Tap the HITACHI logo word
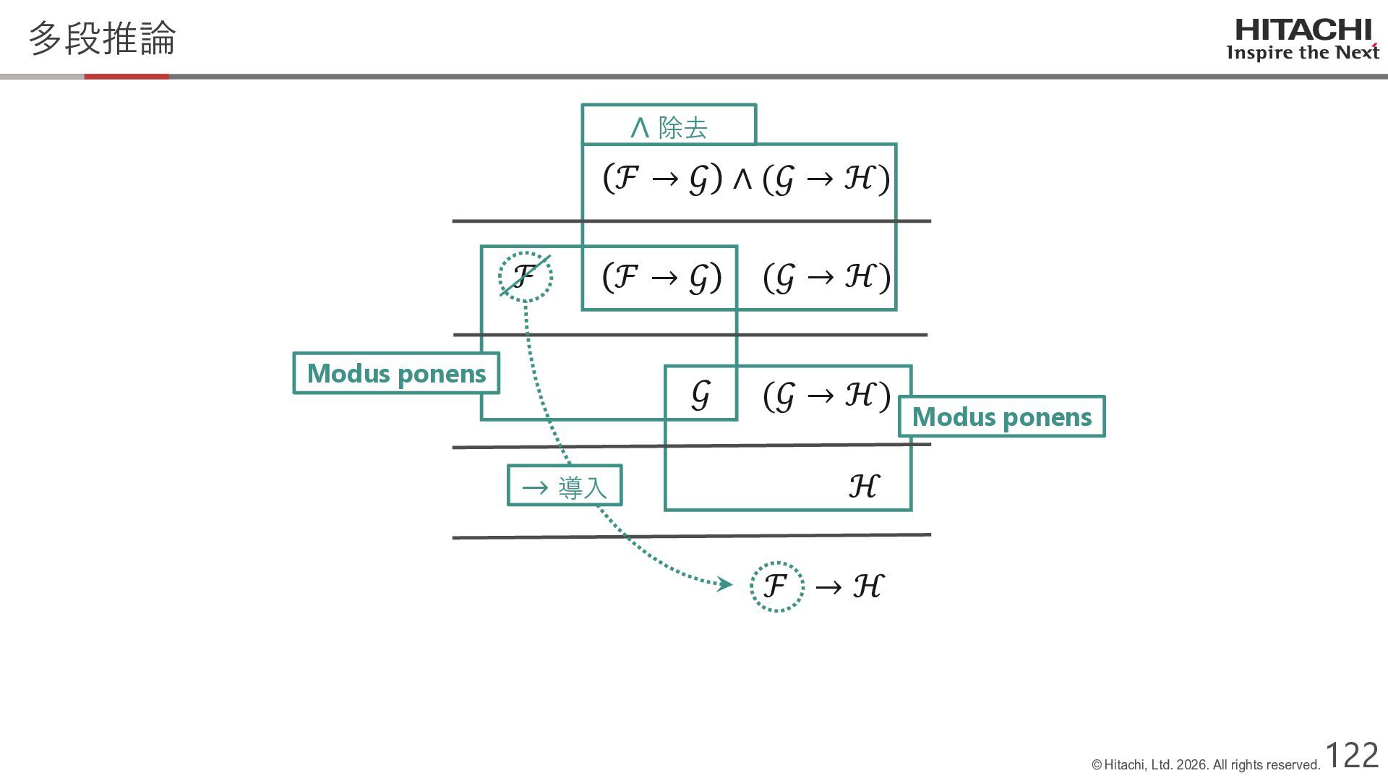(1303, 30)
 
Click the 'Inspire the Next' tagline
(1303, 53)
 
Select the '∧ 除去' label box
(669, 126)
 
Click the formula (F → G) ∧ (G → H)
(745, 178)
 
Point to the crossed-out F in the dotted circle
(526, 276)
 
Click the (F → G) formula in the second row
(661, 277)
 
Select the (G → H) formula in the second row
(826, 277)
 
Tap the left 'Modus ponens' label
(396, 373)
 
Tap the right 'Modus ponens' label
(1001, 417)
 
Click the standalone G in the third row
(700, 395)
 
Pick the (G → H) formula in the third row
(826, 396)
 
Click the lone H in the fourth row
(863, 486)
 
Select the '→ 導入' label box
(565, 486)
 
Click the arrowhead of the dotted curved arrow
(724, 584)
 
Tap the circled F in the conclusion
(776, 586)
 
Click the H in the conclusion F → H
(867, 586)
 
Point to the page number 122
(1351, 755)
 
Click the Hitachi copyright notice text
(1206, 765)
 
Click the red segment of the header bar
(127, 76)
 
